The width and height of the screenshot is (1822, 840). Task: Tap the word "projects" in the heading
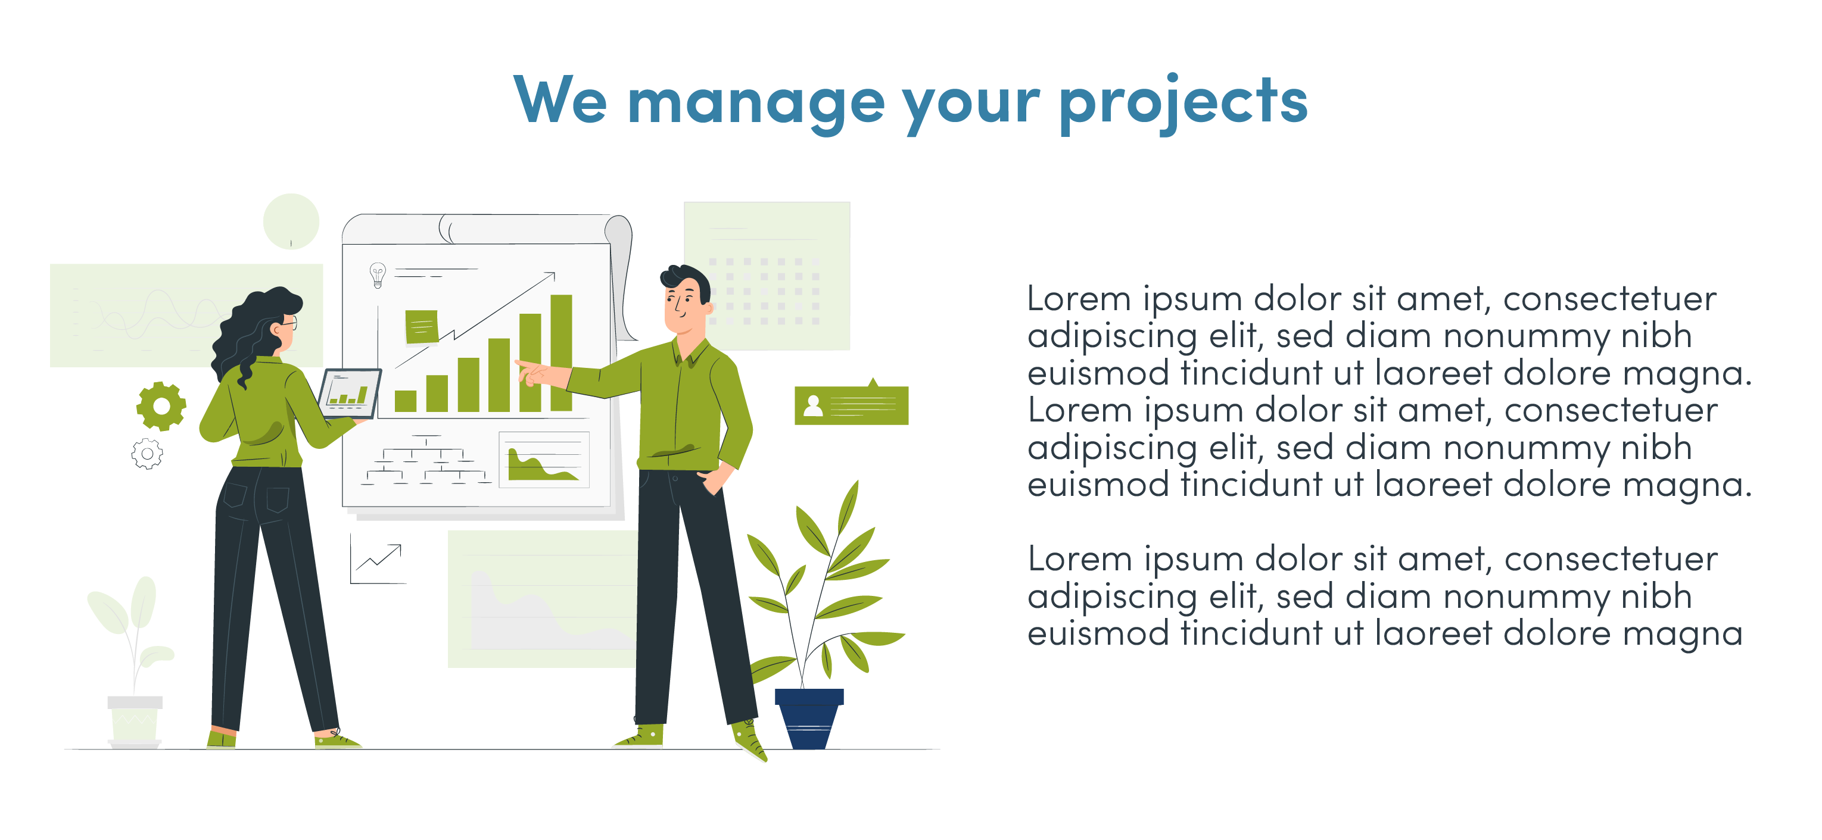1183,103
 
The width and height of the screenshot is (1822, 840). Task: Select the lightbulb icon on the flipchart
378,274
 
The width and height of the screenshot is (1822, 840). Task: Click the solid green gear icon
161,406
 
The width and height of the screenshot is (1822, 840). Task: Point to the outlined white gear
147,454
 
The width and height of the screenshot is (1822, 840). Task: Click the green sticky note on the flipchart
422,327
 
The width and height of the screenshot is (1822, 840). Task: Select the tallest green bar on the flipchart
561,353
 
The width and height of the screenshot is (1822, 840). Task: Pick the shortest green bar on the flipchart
405,401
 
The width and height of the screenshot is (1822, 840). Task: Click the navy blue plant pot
809,719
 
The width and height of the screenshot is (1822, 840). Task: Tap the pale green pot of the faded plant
135,721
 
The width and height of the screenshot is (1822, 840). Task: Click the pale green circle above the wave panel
291,221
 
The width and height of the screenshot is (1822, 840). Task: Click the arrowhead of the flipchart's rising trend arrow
551,276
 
